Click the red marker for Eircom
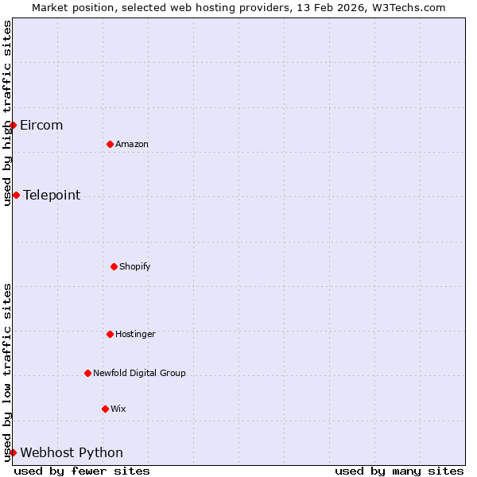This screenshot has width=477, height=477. pyautogui.click(x=13, y=125)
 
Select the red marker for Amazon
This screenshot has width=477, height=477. pyautogui.click(x=110, y=144)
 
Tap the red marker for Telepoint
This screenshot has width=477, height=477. pyautogui.click(x=16, y=195)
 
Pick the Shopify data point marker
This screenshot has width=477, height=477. pyautogui.click(x=114, y=266)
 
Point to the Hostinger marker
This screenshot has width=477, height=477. pyautogui.click(x=110, y=334)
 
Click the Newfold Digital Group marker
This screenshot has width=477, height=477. pyautogui.click(x=87, y=373)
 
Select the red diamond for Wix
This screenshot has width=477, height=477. pyautogui.click(x=105, y=409)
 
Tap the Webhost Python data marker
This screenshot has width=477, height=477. pyautogui.click(x=13, y=452)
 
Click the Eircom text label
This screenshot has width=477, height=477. pyautogui.click(x=41, y=126)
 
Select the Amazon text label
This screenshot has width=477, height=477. pyautogui.click(x=132, y=145)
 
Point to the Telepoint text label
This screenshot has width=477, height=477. pyautogui.click(x=52, y=196)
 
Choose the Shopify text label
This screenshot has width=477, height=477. pyautogui.click(x=135, y=267)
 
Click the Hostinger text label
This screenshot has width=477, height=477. pyautogui.click(x=135, y=335)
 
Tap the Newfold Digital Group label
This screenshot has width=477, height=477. pyautogui.click(x=139, y=374)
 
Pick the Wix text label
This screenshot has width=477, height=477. pyautogui.click(x=118, y=409)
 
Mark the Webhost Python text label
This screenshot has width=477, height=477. pyautogui.click(x=72, y=453)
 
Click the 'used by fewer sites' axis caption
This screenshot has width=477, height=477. pyautogui.click(x=82, y=471)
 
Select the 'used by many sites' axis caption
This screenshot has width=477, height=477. pyautogui.click(x=399, y=471)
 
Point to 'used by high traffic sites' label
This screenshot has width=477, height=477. pyautogui.click(x=7, y=113)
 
